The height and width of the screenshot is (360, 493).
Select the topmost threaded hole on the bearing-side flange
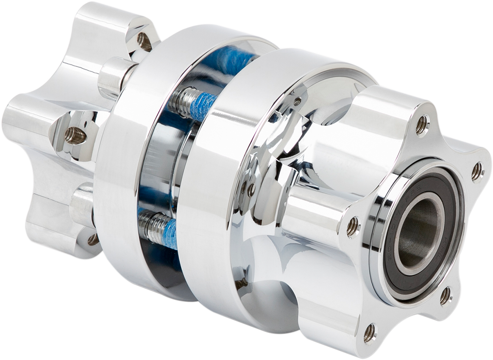coord(422,125)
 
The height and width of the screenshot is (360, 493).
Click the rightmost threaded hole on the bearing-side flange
coord(477,171)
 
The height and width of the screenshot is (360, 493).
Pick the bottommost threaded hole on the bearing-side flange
coord(369,333)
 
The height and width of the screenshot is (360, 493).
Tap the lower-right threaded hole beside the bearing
coord(445,296)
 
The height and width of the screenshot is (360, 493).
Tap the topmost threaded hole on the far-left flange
coord(144,41)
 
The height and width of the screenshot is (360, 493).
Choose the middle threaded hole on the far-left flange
coord(75,136)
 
